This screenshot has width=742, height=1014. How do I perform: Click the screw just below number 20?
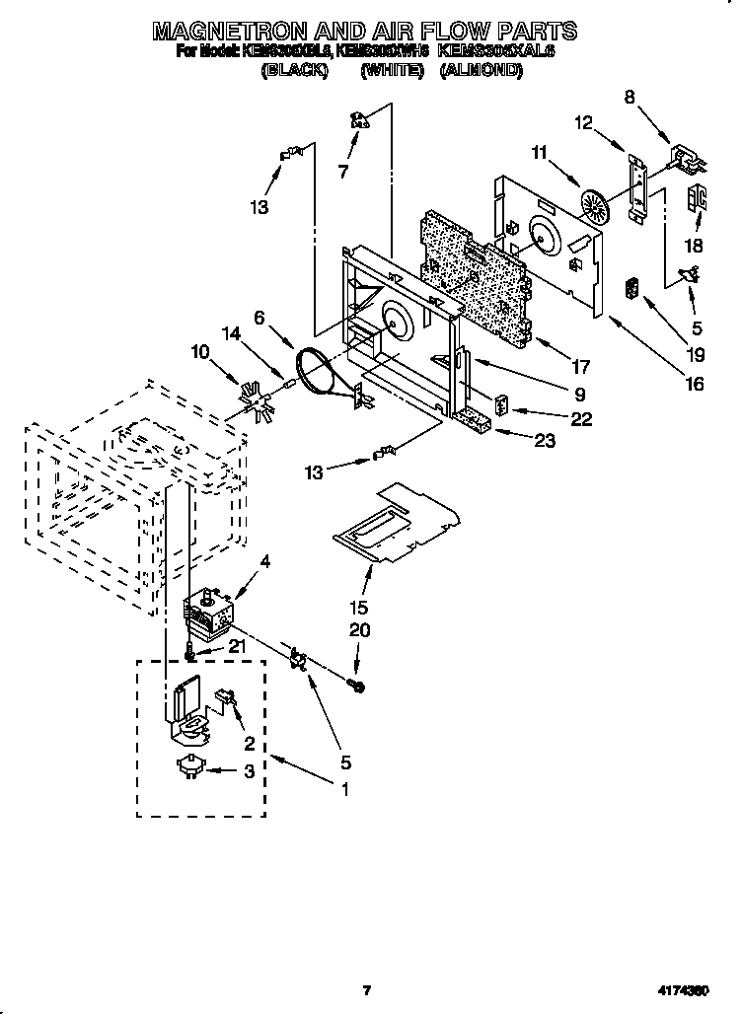click(358, 684)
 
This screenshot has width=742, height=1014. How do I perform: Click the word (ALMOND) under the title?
click(482, 71)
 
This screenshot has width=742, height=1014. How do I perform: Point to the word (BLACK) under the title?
click(293, 71)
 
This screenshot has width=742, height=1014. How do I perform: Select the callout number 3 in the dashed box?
click(249, 772)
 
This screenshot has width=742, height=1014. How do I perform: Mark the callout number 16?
click(695, 384)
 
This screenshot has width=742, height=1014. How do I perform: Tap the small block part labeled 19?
click(632, 291)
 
